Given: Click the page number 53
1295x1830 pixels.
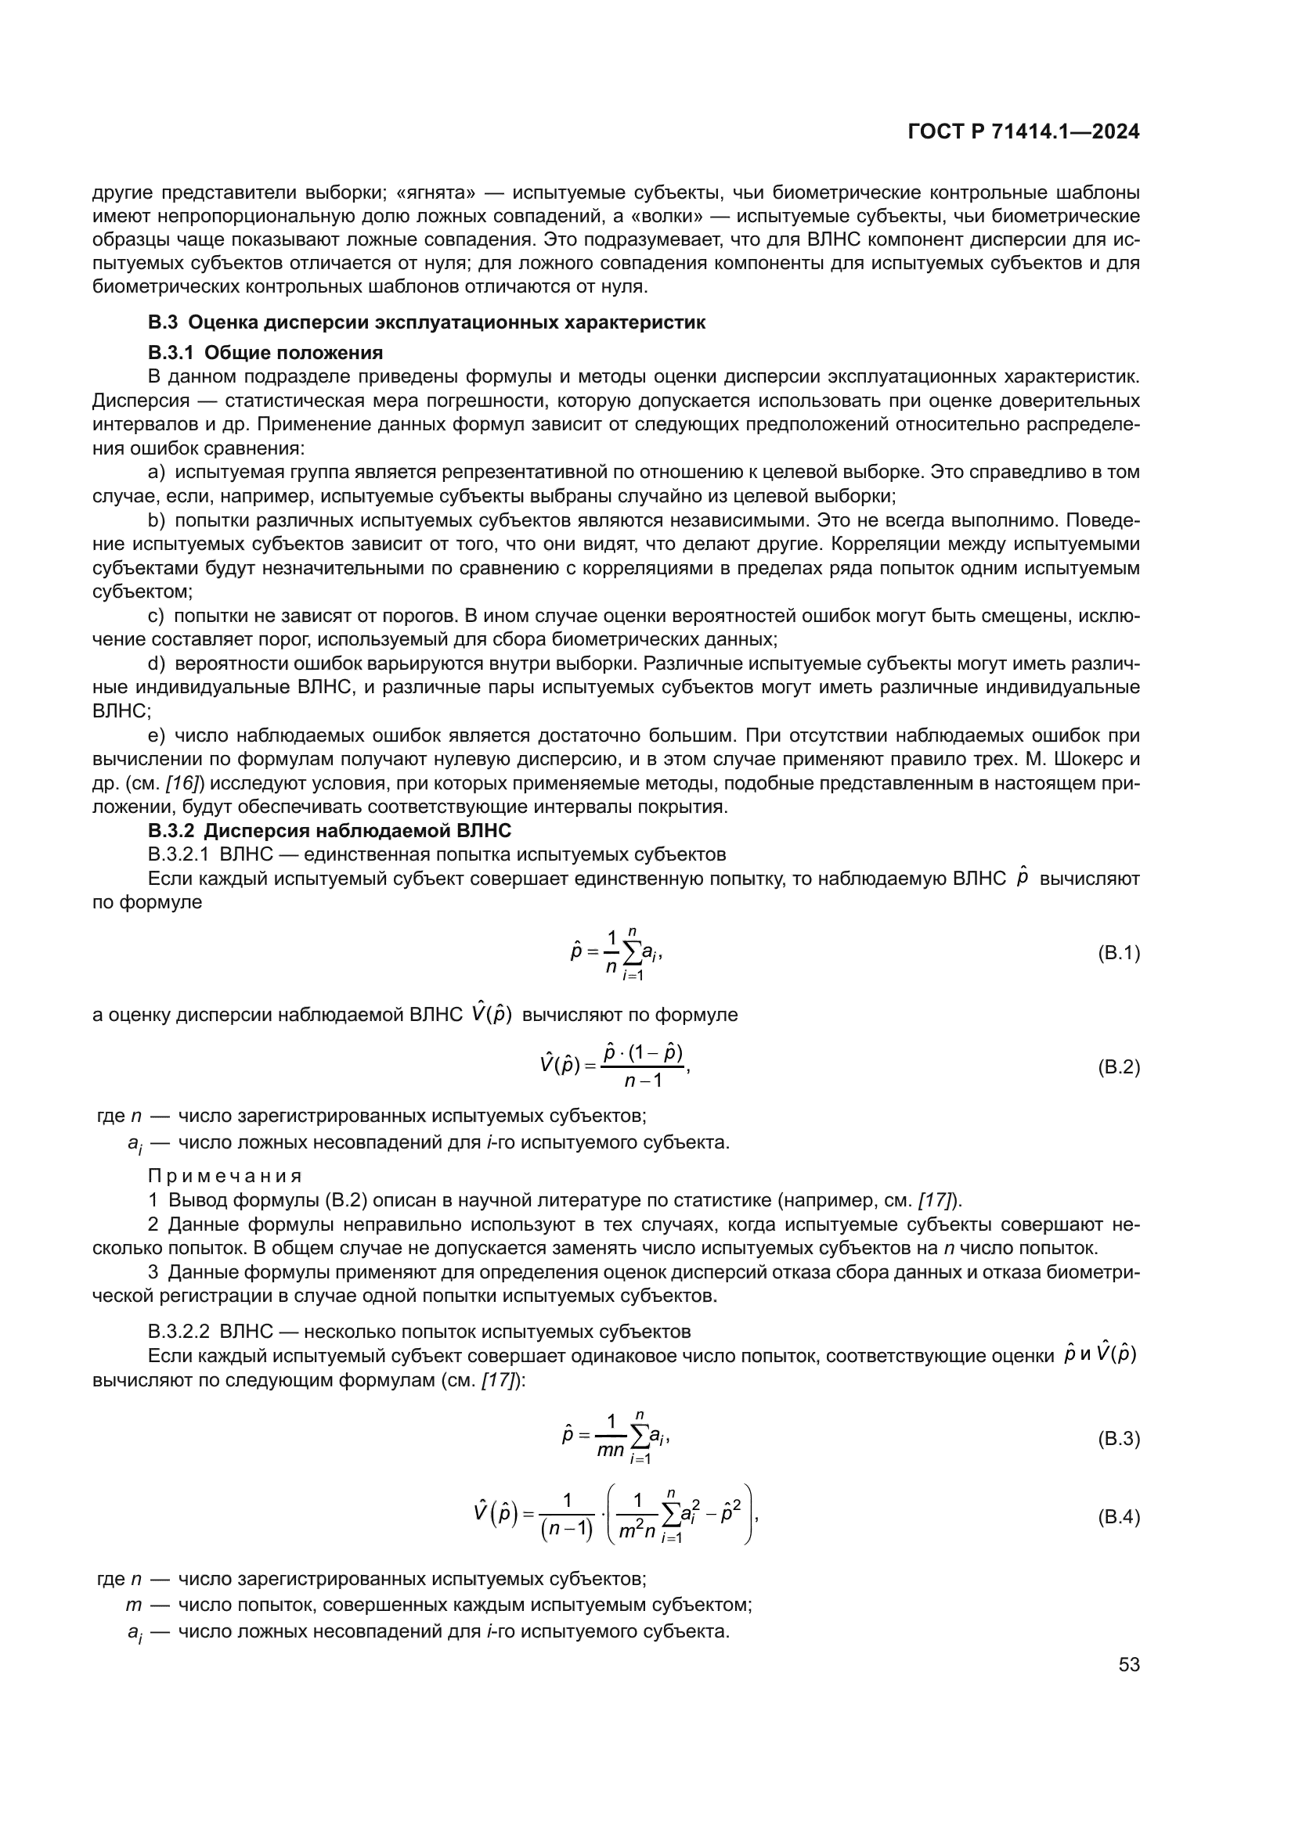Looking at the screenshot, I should pos(1128,1664).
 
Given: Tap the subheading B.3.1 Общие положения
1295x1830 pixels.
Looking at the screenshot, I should pos(265,352).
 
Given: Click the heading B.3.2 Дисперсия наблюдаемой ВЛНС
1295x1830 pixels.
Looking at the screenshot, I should pos(329,831).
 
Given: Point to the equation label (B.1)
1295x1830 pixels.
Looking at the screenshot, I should pos(1119,953).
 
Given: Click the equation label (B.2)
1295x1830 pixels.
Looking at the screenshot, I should pos(1119,1067).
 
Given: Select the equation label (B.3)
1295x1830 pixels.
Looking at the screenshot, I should pos(1119,1439).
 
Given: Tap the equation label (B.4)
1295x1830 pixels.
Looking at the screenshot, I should pos(1119,1517).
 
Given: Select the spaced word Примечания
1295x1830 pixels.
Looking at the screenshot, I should pos(225,1177).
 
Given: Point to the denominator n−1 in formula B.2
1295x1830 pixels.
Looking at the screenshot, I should pos(644,1081).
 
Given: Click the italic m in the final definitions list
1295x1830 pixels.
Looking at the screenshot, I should pos(133,1605).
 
